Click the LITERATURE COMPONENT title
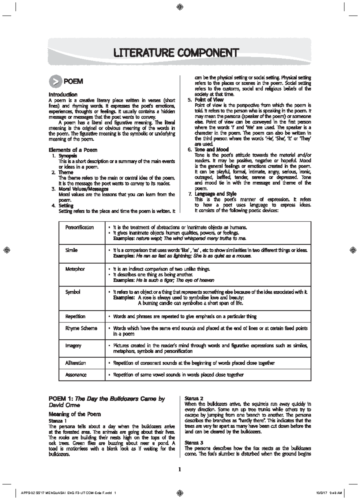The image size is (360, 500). point(176,53)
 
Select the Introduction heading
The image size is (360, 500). point(63,95)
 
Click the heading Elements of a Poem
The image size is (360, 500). point(73,150)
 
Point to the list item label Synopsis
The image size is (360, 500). point(68,156)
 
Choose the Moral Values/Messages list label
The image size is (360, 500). point(83,189)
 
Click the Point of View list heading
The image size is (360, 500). point(209,100)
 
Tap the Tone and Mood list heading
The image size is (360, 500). point(211,150)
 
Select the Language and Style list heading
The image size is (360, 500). point(215,194)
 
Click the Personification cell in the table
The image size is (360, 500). point(79,227)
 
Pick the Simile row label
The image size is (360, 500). point(71,250)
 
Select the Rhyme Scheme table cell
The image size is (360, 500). point(81,328)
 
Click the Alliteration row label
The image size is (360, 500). point(76,363)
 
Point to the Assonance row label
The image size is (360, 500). point(76,375)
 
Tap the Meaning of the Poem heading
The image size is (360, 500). point(75,414)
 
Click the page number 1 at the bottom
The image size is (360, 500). point(180,470)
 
